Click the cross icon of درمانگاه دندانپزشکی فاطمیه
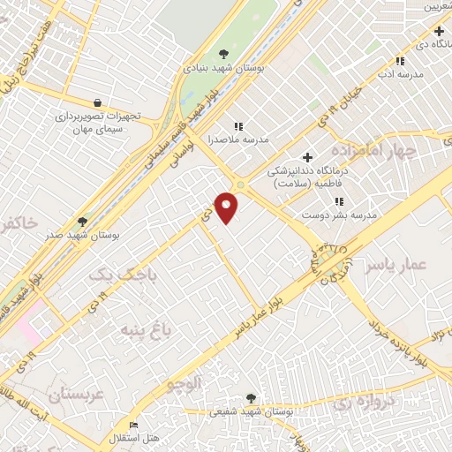[x=306, y=156]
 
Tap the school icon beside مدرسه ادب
[x=400, y=61]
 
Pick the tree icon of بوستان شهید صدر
[x=83, y=222]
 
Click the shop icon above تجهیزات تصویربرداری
[x=96, y=102]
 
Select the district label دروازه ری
[x=362, y=403]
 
